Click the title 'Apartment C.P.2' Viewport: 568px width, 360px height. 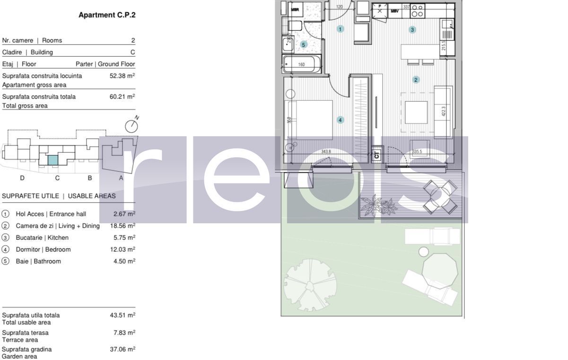[107, 15]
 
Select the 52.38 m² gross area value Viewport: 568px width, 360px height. [122, 76]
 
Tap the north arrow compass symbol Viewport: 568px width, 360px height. [131, 125]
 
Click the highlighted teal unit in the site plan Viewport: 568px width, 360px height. [53, 160]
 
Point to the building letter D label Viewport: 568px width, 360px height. [22, 178]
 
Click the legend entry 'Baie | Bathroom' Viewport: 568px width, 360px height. [38, 262]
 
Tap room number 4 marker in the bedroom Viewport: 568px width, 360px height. [340, 120]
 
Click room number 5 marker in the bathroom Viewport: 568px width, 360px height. [304, 44]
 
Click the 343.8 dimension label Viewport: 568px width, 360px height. [326, 152]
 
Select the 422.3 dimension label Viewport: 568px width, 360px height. [444, 111]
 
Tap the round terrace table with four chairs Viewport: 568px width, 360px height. [440, 196]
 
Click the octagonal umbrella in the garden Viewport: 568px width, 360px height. [440, 270]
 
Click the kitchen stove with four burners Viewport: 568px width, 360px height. [417, 11]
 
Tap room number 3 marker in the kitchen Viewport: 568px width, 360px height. [412, 30]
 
